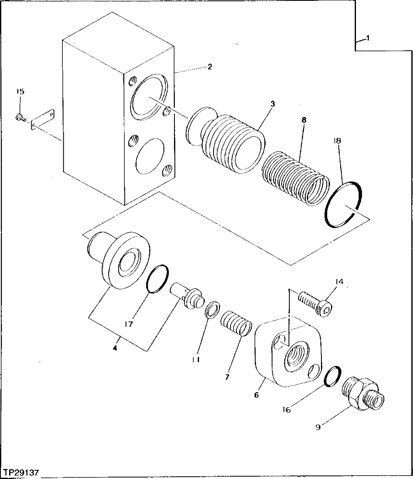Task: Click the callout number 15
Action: [20, 91]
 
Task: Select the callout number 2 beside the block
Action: [210, 67]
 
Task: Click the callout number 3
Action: [272, 104]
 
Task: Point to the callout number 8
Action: [304, 120]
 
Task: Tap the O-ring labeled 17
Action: [157, 279]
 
